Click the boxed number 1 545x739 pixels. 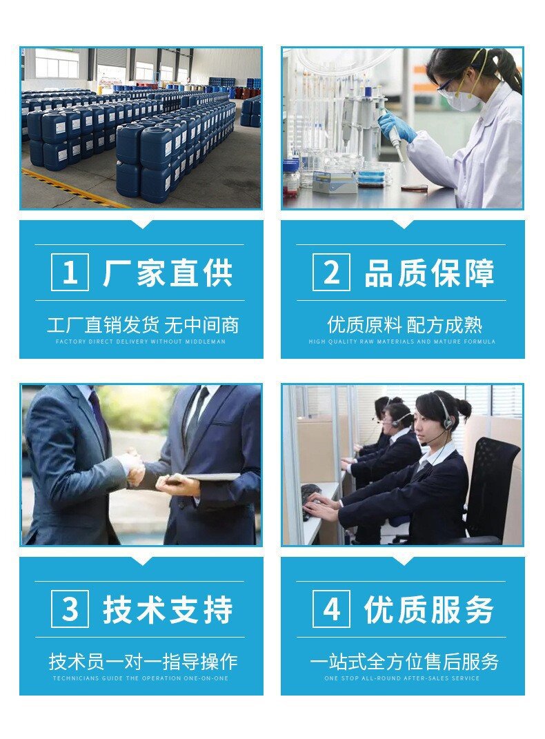(x=70, y=272)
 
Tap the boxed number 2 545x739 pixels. (x=332, y=272)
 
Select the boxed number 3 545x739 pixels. (x=70, y=609)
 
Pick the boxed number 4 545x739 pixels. (x=332, y=609)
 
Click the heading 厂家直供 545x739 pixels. (x=168, y=273)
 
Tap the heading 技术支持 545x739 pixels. (x=168, y=609)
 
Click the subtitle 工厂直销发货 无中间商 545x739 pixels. (x=143, y=325)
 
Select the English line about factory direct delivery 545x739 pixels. (x=141, y=342)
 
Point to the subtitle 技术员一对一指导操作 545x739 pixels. (x=143, y=662)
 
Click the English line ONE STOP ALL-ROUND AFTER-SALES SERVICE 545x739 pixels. (x=402, y=678)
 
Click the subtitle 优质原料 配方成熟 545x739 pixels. (x=405, y=325)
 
